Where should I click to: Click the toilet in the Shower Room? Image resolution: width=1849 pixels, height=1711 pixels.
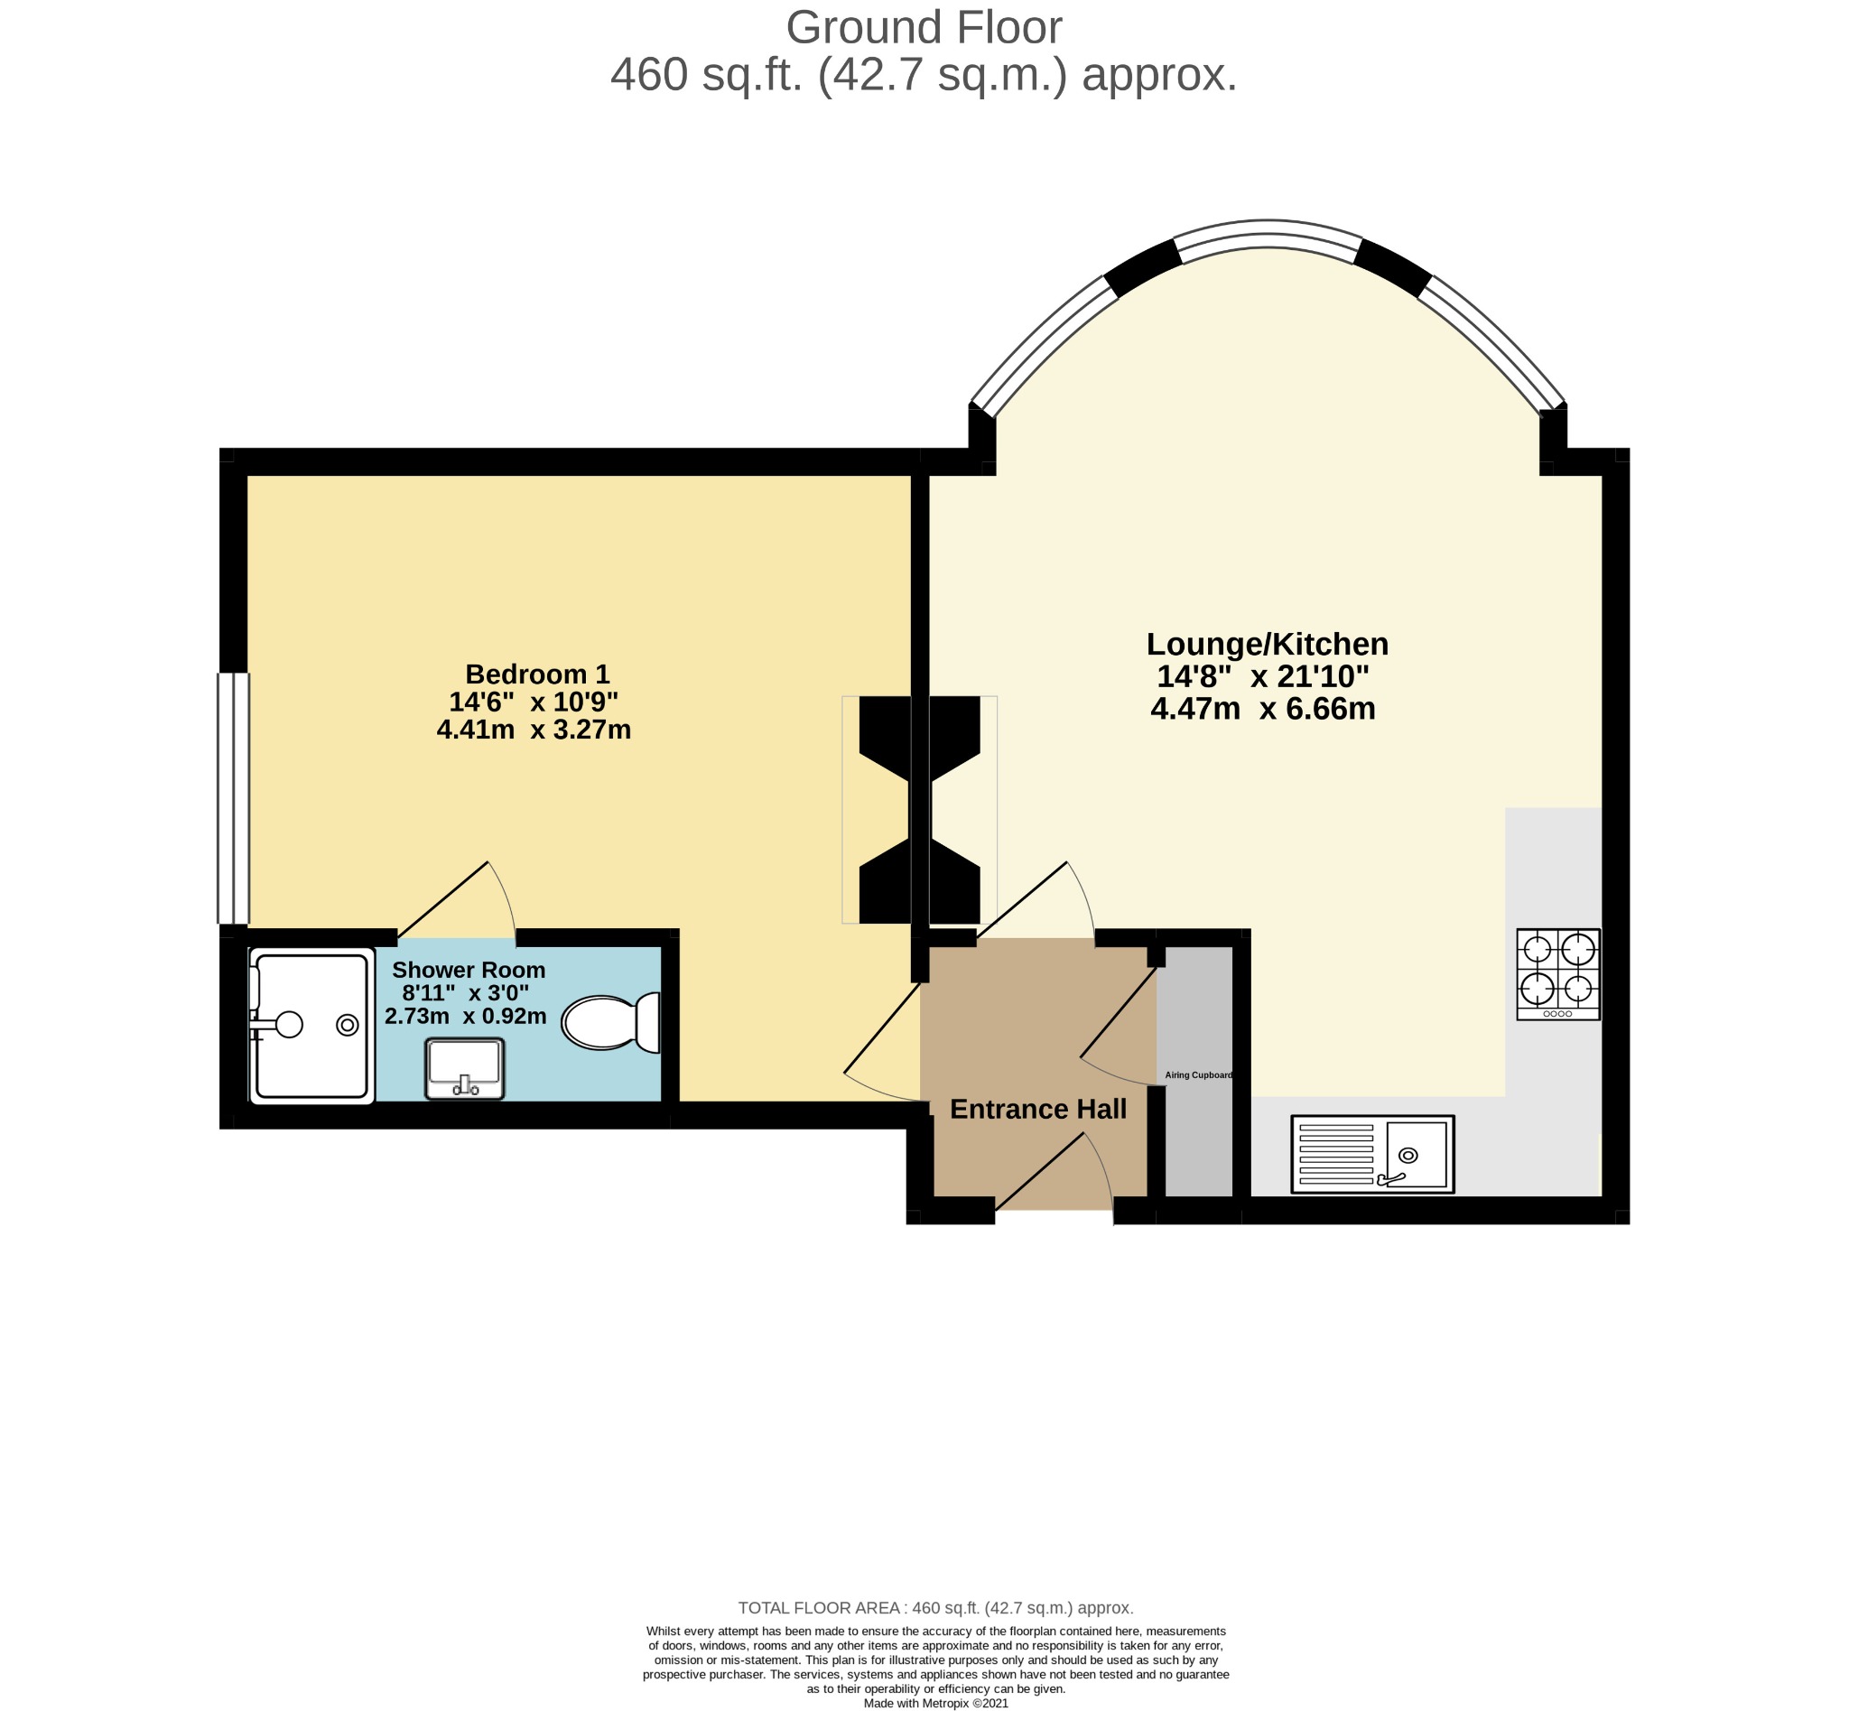[x=611, y=1022]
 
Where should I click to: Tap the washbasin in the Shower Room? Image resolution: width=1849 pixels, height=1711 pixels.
[x=465, y=1068]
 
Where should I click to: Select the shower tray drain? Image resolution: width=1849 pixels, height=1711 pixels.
[x=348, y=1025]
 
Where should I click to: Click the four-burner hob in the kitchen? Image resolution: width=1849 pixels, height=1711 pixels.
[x=1558, y=975]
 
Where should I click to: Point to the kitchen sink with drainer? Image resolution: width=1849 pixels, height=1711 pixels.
[x=1372, y=1155]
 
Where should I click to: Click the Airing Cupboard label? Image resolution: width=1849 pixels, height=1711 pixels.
[x=1198, y=1076]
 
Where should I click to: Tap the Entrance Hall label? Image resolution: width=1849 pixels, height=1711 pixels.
[x=1038, y=1109]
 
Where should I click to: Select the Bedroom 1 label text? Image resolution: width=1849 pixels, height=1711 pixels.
[x=537, y=674]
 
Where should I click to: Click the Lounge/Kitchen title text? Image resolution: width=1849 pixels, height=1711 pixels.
[x=1268, y=644]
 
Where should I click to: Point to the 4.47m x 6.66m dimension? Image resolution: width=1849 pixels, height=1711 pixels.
[x=1263, y=709]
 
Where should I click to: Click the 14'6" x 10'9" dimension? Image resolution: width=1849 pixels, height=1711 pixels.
[x=534, y=702]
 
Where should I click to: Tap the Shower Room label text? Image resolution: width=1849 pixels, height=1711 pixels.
[x=469, y=971]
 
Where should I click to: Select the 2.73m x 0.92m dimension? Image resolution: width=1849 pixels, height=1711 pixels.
[x=466, y=1017]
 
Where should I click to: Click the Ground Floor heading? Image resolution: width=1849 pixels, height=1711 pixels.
[x=924, y=28]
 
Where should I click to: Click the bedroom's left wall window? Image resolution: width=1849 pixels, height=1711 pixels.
[x=233, y=798]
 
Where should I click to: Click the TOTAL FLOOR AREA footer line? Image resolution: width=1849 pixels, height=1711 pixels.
[x=935, y=1608]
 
